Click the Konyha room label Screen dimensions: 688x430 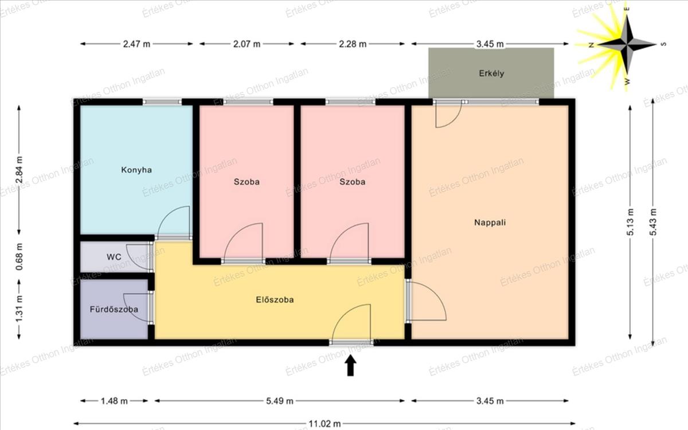coord(136,170)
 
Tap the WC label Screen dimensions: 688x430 coord(114,257)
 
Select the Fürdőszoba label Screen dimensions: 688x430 coord(114,309)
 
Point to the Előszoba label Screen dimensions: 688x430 coord(275,299)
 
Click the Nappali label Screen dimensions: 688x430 coord(490,222)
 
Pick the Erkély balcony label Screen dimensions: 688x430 coord(491,73)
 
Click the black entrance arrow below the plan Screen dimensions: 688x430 coord(350,366)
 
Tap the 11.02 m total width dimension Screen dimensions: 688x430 coord(325,424)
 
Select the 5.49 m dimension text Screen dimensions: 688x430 coord(280,401)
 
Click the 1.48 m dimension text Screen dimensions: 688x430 coord(114,401)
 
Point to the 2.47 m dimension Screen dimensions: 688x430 coord(136,44)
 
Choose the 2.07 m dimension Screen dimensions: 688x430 coord(247,44)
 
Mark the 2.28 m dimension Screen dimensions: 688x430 coord(353,44)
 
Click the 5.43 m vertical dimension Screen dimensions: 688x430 coord(653,222)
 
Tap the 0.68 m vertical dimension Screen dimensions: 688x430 coord(19,257)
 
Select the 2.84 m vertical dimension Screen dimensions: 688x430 coord(19,170)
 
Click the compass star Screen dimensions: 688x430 coord(627,45)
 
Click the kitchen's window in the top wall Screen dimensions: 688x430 coord(162,101)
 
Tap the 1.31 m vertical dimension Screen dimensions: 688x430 coord(19,309)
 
